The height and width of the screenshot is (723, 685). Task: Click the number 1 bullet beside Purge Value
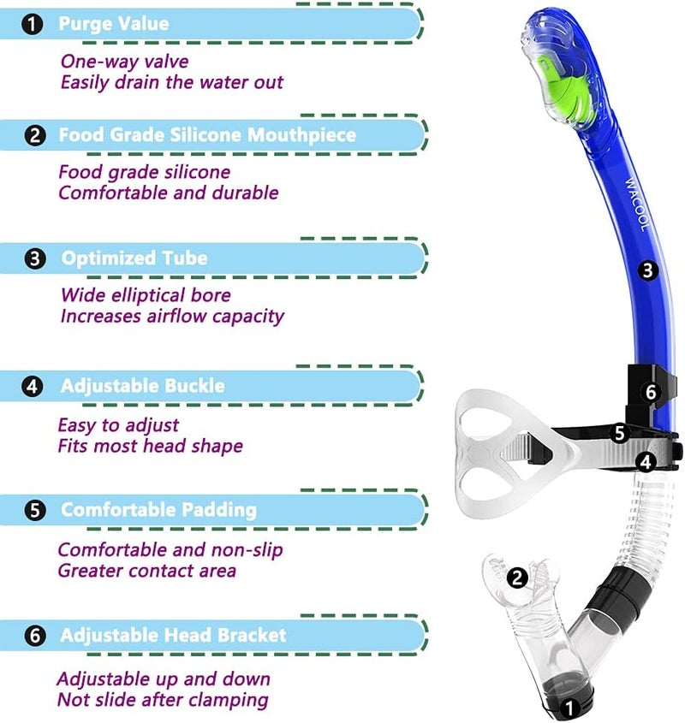tap(33, 24)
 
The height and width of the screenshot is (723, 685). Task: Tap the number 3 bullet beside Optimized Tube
tap(34, 258)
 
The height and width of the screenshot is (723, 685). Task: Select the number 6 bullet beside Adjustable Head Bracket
tap(34, 636)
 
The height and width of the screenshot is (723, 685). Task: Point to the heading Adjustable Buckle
tap(142, 386)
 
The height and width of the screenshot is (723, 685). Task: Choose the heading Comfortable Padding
tap(158, 510)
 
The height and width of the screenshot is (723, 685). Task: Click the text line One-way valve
tap(124, 62)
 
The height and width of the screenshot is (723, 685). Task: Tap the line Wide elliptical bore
tap(146, 295)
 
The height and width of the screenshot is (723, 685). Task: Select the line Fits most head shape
tap(150, 446)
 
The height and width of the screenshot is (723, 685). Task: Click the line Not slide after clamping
tap(163, 700)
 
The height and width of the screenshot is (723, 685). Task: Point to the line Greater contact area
tap(146, 570)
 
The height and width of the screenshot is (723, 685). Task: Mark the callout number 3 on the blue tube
tap(647, 270)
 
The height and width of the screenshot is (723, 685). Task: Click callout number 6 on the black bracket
tap(651, 392)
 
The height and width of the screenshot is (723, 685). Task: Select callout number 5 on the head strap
tap(620, 433)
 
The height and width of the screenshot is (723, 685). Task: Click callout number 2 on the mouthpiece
tap(516, 578)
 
